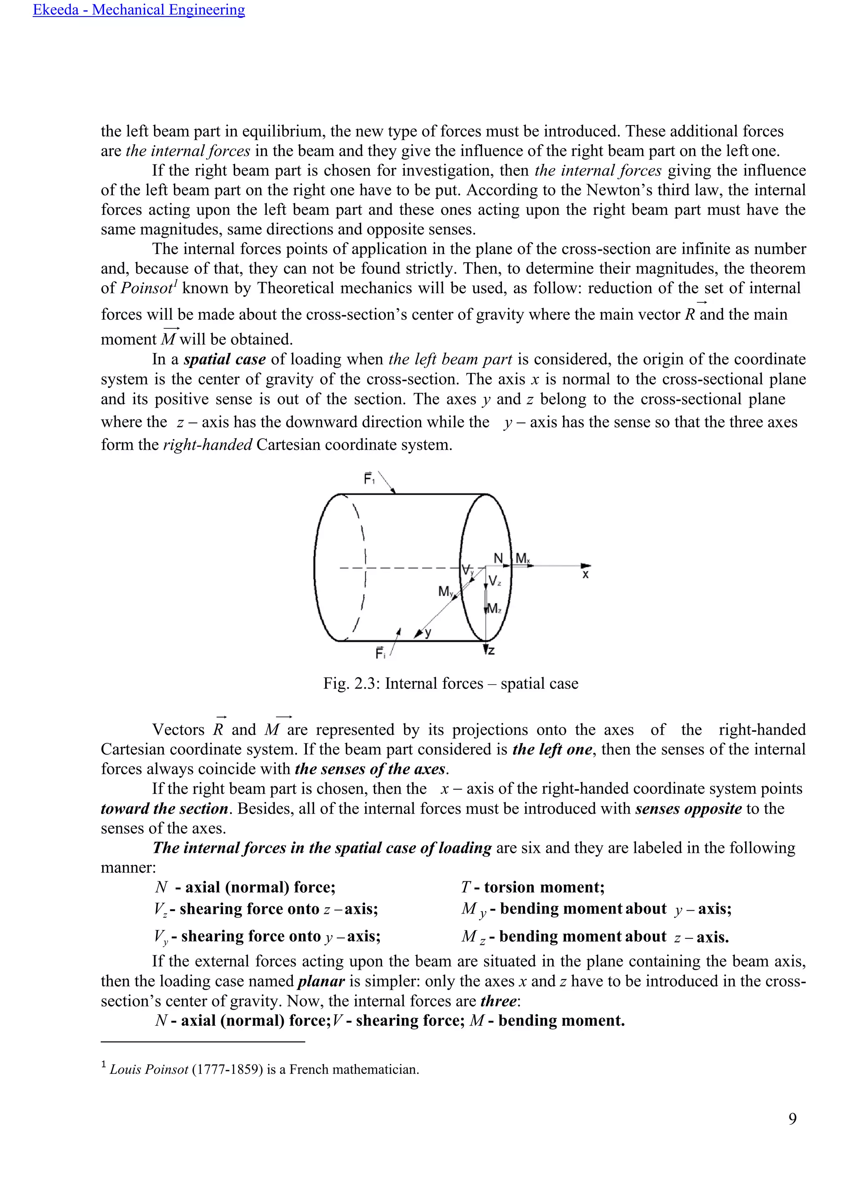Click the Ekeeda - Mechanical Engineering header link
click(138, 10)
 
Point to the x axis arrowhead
click(586, 566)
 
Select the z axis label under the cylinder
click(491, 650)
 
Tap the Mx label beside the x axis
click(523, 559)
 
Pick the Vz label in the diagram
click(495, 581)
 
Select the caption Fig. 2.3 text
click(451, 683)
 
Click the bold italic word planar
click(321, 981)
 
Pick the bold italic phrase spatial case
click(225, 359)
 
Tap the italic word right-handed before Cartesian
click(207, 445)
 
